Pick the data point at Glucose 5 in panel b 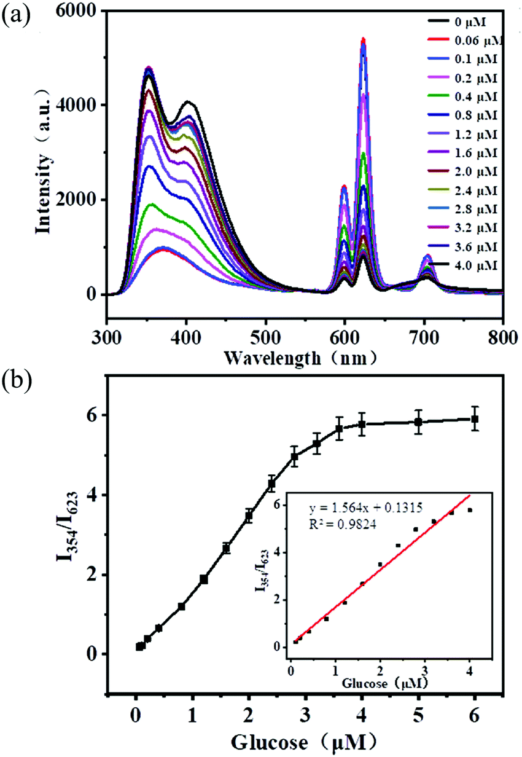coord(418,422)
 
